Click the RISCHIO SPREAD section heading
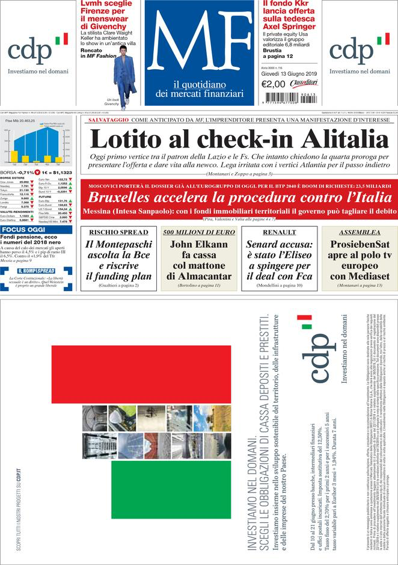click(118, 232)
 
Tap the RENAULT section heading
click(279, 232)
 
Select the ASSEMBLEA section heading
click(359, 232)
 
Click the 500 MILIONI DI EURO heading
click(199, 232)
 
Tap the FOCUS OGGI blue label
click(23, 230)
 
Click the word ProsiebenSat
click(360, 244)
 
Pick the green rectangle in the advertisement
click(171, 489)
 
